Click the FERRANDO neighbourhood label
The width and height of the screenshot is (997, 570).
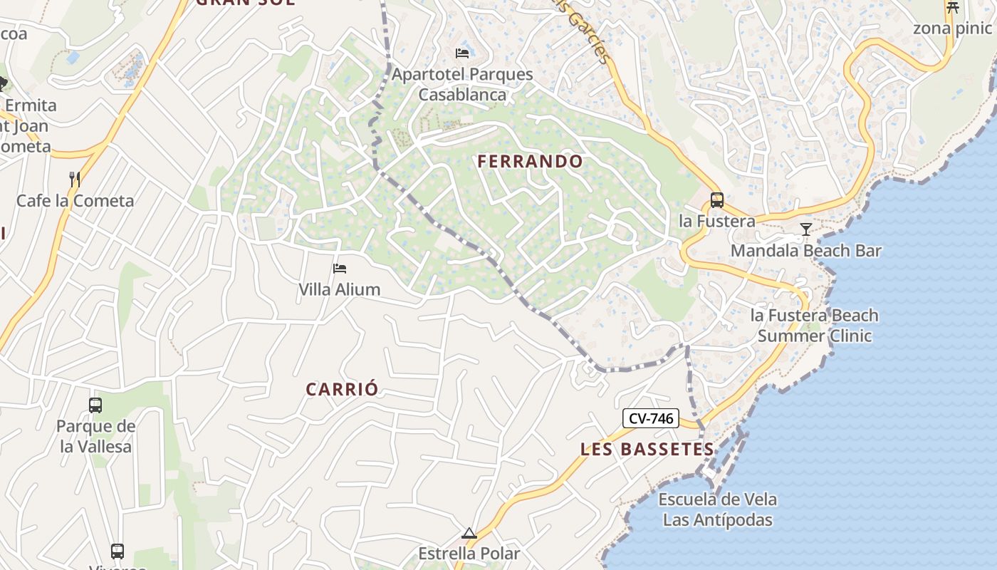(x=530, y=162)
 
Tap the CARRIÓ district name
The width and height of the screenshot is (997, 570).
(x=342, y=390)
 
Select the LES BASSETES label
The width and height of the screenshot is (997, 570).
(x=647, y=450)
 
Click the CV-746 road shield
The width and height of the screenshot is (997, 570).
(x=651, y=418)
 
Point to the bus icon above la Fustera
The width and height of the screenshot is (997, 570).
(x=716, y=200)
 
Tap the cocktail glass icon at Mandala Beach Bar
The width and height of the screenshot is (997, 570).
(x=805, y=229)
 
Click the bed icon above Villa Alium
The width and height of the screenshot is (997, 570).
(x=340, y=269)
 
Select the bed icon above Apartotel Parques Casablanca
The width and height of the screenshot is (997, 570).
(x=462, y=53)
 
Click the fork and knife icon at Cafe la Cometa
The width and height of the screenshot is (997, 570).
(x=74, y=179)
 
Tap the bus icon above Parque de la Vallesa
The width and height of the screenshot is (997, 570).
(x=95, y=405)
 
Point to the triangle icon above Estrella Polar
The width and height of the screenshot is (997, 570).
(x=469, y=533)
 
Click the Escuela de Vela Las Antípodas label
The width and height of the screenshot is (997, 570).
(x=717, y=509)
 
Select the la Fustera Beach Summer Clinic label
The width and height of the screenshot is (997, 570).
(x=814, y=326)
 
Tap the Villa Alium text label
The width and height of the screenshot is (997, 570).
(x=339, y=290)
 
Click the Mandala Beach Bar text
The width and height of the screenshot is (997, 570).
(x=805, y=251)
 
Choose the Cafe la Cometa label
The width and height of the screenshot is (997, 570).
(x=75, y=201)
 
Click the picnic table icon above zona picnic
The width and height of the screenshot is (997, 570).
(x=952, y=8)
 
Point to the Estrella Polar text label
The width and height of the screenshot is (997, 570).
(x=469, y=554)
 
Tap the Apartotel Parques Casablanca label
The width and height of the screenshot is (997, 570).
(x=462, y=84)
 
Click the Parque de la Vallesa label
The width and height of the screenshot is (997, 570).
(x=95, y=437)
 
